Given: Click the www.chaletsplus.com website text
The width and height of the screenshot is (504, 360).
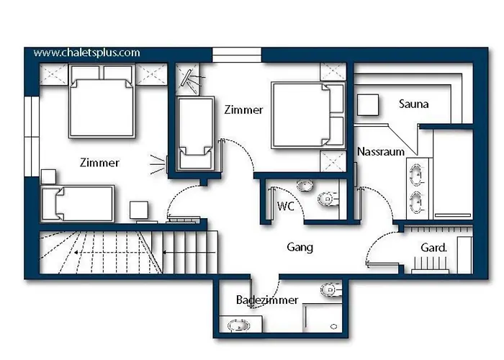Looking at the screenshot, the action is tap(87, 53).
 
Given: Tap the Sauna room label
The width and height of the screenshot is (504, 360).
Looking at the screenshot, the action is tap(414, 104).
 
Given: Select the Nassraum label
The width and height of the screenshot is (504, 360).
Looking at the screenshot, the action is tap(381, 151).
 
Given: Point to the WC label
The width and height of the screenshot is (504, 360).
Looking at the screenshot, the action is tap(285, 206).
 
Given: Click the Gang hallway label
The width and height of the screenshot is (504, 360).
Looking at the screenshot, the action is tap(300, 247).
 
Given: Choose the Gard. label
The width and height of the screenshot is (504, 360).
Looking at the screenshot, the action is tap(434, 248).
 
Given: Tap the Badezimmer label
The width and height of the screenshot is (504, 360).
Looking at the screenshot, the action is tap(267, 300).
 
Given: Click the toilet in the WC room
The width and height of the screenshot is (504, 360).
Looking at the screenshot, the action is tap(328, 199).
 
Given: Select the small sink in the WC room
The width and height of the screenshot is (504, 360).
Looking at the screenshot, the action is tap(305, 186).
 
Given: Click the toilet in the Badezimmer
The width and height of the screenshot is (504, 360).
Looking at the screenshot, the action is tap(330, 290).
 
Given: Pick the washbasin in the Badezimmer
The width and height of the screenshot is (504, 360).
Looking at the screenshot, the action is tap(239, 325).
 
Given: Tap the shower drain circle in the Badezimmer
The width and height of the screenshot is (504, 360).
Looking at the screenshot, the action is tap(334, 327).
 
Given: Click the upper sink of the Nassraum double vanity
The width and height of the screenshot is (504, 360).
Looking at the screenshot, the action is tap(417, 175).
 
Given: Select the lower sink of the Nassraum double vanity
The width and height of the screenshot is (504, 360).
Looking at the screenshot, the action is tap(417, 202).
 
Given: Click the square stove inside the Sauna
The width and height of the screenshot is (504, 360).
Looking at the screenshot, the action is tap(368, 105).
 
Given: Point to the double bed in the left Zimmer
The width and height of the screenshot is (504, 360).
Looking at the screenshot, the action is tap(102, 102).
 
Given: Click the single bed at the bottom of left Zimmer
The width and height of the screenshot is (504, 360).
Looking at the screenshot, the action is tap(77, 204).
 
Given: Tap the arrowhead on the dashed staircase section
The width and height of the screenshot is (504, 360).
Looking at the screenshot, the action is tap(76, 253).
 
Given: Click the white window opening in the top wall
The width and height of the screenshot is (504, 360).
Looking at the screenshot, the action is tap(237, 55).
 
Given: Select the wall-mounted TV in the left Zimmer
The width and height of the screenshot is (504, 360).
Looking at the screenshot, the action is tap(167, 165).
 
